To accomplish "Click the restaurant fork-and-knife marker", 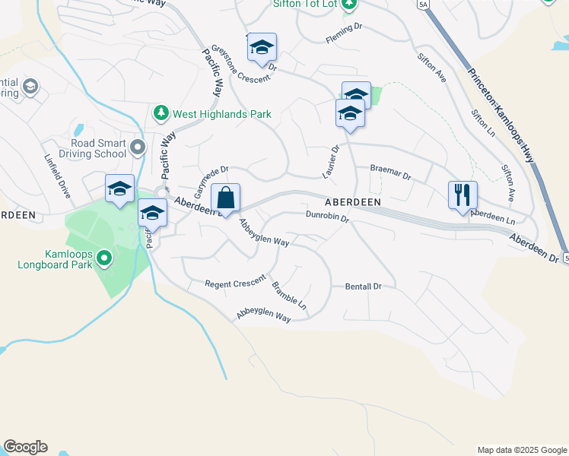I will [x=463, y=195].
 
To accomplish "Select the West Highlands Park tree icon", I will [x=161, y=114].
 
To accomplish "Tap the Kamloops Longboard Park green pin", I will [x=105, y=261].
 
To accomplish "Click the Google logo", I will [x=25, y=447].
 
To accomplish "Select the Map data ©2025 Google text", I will [x=521, y=450].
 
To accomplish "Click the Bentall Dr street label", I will [x=363, y=287].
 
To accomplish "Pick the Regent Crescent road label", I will [x=234, y=283].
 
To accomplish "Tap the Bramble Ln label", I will [x=289, y=296].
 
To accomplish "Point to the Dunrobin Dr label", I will [x=327, y=217].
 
